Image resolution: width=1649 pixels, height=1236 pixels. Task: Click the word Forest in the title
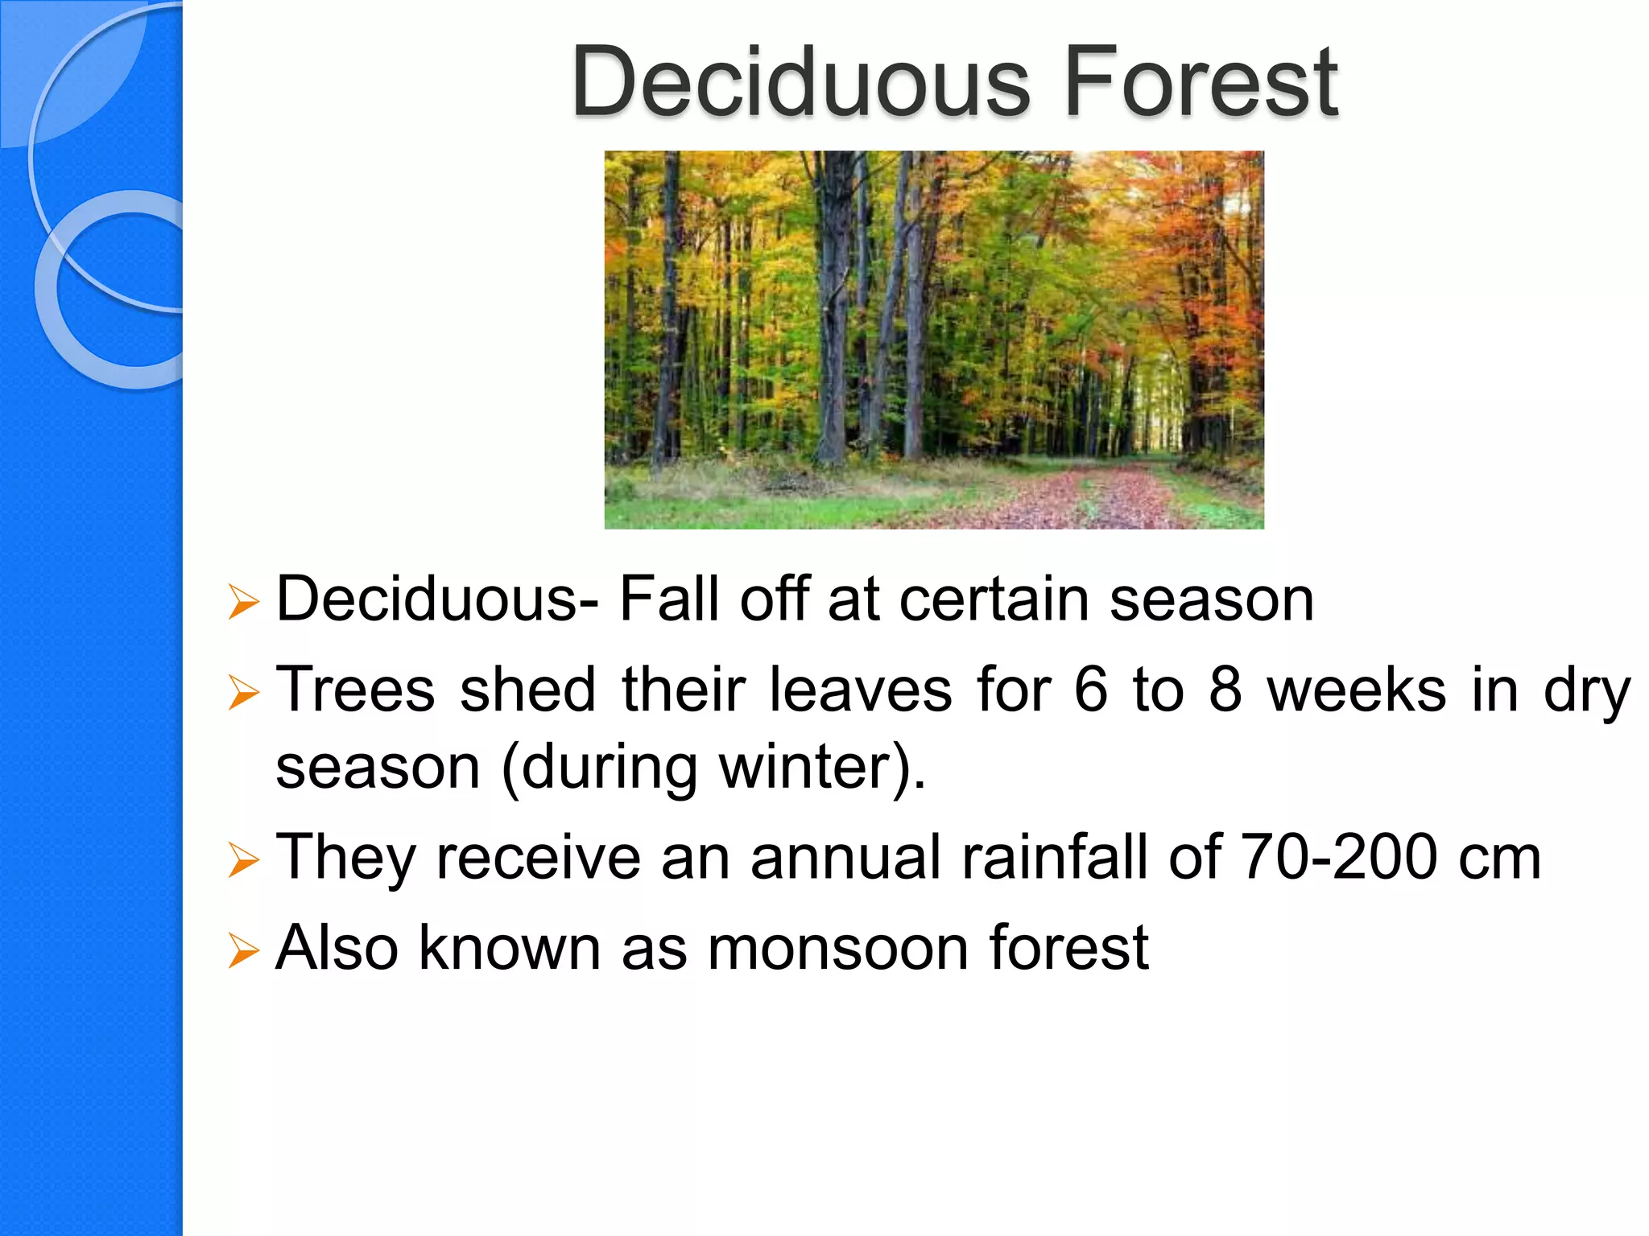tap(1200, 82)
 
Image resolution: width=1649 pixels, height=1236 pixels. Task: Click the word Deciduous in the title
tap(800, 82)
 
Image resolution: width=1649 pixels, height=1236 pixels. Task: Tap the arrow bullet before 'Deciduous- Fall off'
tap(243, 602)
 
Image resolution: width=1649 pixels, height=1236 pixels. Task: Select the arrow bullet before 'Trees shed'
tap(243, 693)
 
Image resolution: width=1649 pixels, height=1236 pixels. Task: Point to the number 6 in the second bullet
tap(1091, 690)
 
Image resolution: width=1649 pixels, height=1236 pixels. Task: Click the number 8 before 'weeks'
tap(1225, 690)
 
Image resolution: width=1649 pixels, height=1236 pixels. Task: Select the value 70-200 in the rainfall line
tap(1338, 857)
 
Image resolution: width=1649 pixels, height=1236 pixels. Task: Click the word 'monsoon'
tap(837, 948)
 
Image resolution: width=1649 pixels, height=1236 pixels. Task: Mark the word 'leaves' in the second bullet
tap(860, 690)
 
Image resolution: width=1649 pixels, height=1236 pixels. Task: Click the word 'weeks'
tap(1356, 690)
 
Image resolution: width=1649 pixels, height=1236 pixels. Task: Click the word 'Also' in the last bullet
tap(337, 948)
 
